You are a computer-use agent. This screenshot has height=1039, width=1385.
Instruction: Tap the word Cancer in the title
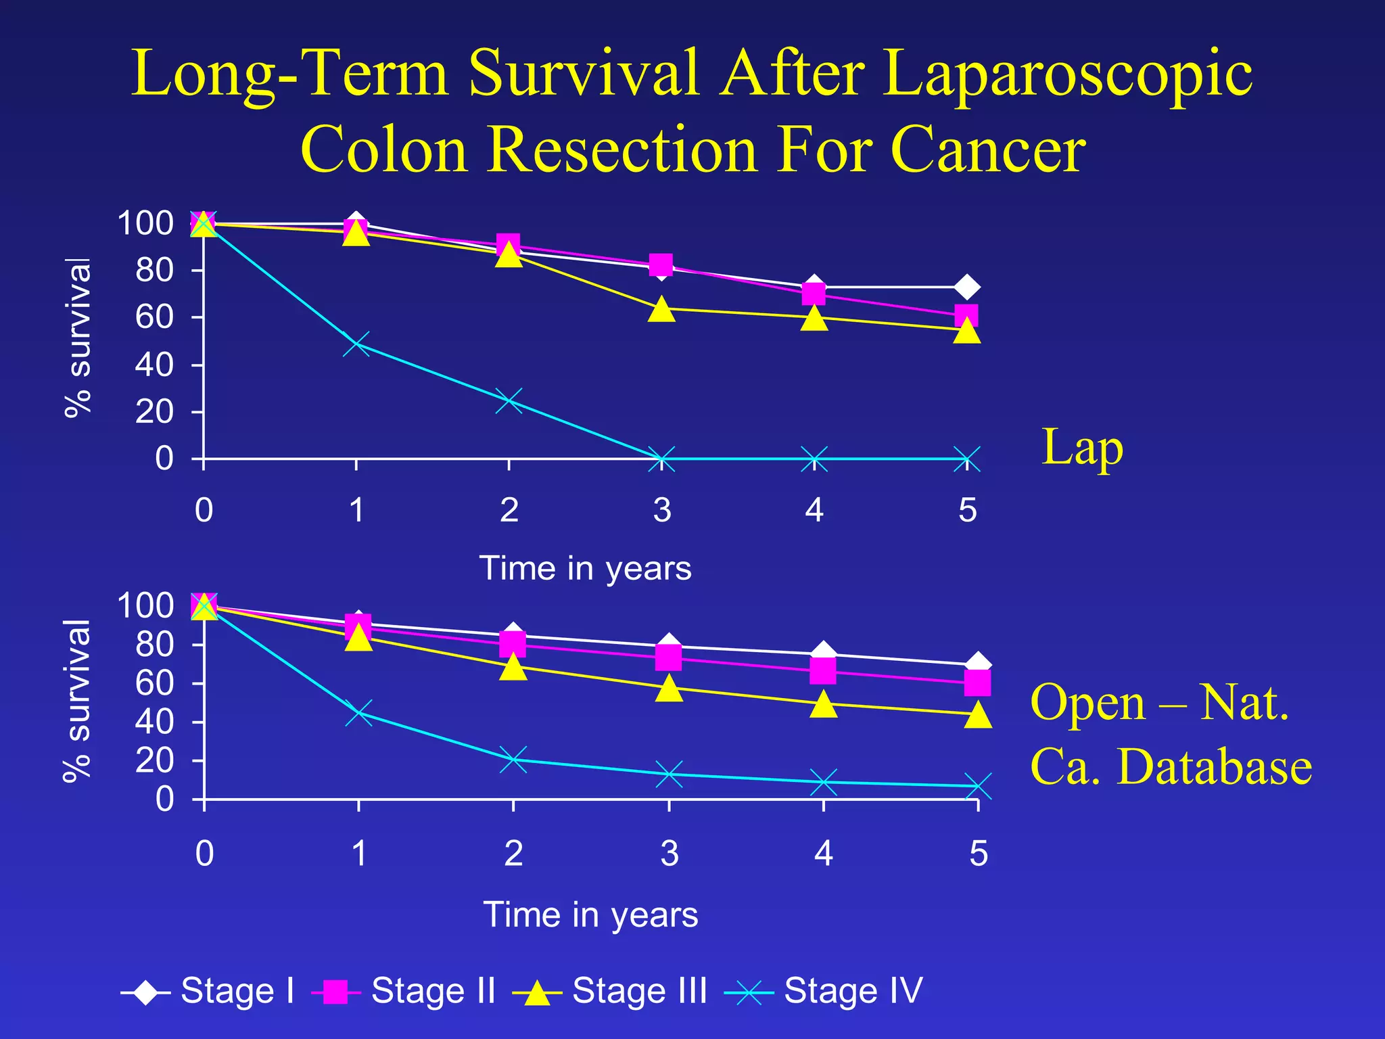coord(988,150)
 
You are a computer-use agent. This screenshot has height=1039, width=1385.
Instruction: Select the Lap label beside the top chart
coord(1082,448)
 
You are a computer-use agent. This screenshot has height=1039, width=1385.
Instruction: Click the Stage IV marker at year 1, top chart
coord(356,344)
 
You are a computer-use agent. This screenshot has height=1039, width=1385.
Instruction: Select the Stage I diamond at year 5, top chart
coord(967,287)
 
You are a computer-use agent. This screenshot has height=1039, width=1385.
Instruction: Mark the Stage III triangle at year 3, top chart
coord(661,309)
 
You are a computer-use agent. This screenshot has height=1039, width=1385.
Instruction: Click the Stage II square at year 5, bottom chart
coord(978,683)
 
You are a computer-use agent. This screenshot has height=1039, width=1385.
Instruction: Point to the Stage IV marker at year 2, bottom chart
coord(513,759)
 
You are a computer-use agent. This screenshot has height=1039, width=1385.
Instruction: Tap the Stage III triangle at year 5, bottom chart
coord(978,714)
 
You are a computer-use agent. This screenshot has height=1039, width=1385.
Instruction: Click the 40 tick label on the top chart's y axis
coord(154,365)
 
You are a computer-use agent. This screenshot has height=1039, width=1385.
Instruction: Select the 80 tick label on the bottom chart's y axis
coord(154,645)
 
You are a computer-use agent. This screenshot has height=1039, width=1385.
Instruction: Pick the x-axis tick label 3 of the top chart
coord(662,510)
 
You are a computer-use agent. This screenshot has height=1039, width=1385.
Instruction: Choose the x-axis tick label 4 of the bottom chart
coord(823,854)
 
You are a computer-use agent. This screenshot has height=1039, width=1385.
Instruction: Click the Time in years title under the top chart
coord(585,568)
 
